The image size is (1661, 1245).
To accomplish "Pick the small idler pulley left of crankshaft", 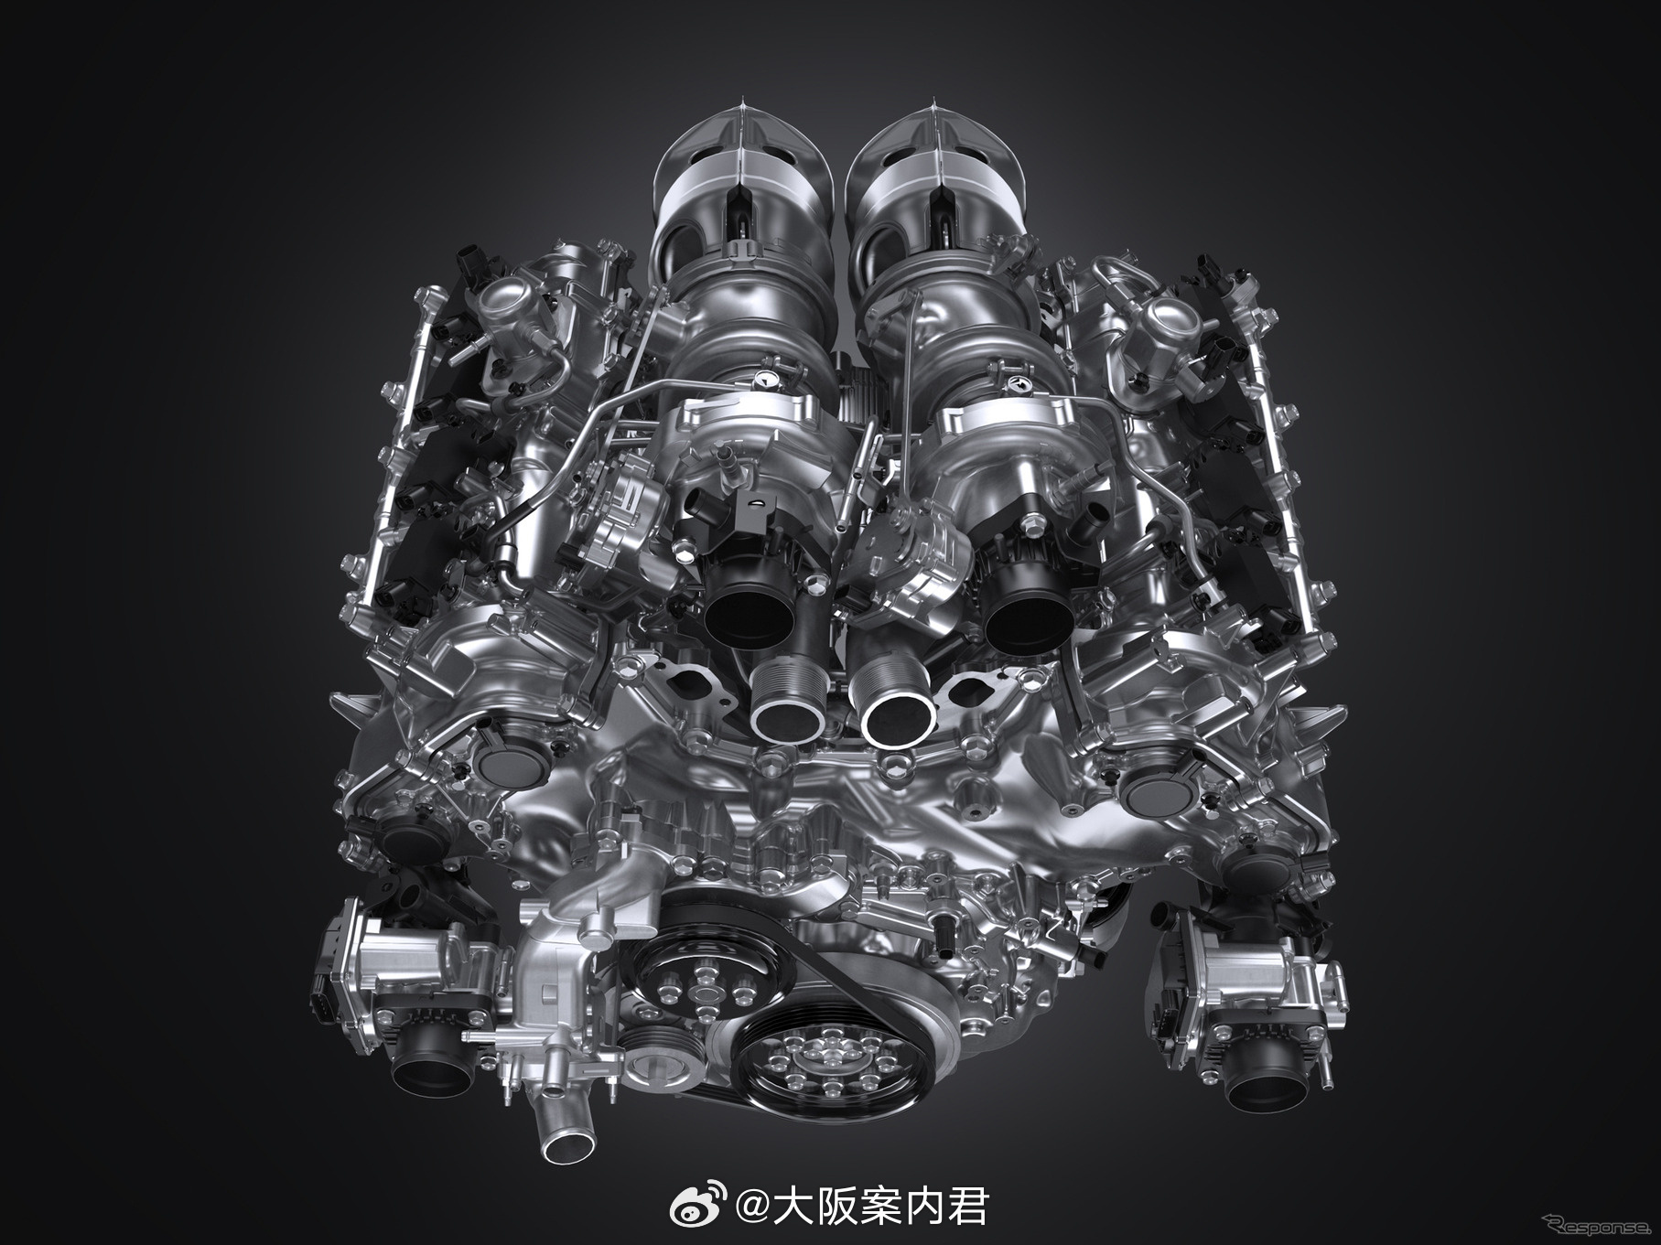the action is tap(658, 1066).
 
